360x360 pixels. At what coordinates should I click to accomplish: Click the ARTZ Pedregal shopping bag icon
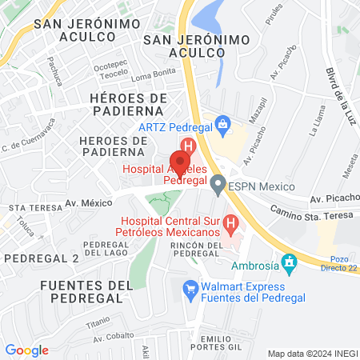click(x=222, y=124)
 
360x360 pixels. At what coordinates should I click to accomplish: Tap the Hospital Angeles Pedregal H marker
click(x=187, y=146)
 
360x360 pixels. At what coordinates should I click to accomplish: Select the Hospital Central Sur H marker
click(x=230, y=222)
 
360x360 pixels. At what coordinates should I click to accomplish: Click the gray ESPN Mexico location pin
click(x=218, y=186)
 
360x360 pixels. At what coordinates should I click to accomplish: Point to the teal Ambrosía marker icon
click(x=289, y=261)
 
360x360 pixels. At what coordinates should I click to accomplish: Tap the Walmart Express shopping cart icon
click(x=190, y=287)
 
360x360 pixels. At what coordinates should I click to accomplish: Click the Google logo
click(x=26, y=350)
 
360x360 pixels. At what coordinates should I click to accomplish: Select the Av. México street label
click(x=88, y=203)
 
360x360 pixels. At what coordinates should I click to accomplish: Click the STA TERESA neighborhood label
click(x=30, y=207)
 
